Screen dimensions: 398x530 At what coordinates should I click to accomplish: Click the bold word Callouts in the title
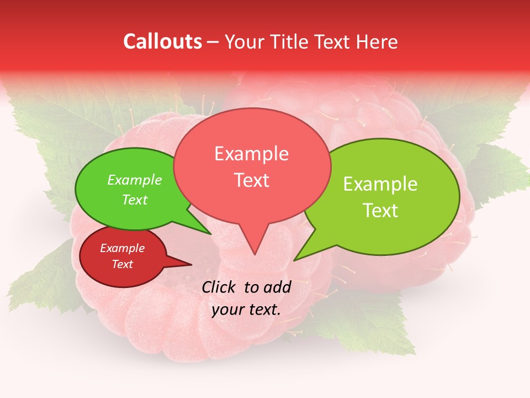(x=162, y=42)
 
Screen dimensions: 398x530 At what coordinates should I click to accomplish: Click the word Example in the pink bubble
(x=251, y=154)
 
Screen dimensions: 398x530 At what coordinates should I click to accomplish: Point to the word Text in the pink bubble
(x=251, y=180)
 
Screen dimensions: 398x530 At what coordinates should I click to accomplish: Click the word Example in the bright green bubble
(x=135, y=180)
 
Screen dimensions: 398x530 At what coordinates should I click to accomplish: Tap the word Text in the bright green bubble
(x=135, y=200)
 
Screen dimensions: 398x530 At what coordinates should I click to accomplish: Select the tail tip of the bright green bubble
(x=210, y=233)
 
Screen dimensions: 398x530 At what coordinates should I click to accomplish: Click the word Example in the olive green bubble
(x=380, y=185)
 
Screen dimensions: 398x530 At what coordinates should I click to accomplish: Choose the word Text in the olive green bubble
(x=380, y=211)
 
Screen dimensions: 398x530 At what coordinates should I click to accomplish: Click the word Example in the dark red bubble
(x=122, y=249)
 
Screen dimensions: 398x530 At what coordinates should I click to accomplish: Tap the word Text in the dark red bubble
(x=122, y=264)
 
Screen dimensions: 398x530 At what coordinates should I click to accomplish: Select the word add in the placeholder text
(x=278, y=287)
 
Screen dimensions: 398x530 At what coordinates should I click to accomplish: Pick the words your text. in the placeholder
(x=246, y=310)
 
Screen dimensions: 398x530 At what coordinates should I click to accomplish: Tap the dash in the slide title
(x=214, y=42)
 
